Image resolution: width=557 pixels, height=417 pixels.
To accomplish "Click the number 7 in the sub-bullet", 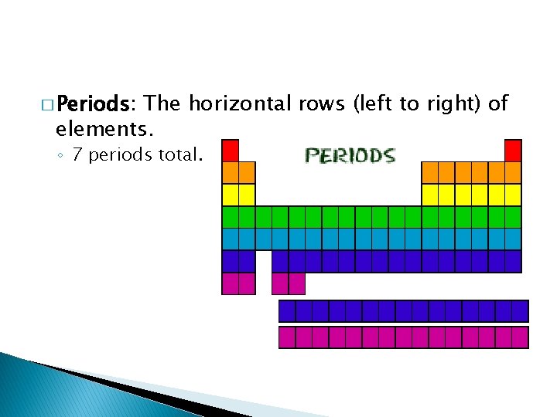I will coord(77,155).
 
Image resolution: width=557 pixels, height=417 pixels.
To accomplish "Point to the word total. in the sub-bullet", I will coord(180,155).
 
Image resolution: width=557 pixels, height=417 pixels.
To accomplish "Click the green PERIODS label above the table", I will coord(350,156).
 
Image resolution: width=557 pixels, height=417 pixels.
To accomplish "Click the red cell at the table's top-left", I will coord(231,150).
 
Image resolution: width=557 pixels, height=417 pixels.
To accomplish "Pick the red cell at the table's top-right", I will coord(513,150).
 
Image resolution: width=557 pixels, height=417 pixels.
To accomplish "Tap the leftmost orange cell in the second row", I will coord(231,172).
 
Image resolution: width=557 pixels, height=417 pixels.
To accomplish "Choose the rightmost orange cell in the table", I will coord(513,172).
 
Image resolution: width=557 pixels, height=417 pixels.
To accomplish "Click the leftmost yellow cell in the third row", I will coord(231,195).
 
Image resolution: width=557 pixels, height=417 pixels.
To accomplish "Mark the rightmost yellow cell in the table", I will coord(513,195).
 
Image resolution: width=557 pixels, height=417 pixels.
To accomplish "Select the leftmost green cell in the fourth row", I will coord(231,217).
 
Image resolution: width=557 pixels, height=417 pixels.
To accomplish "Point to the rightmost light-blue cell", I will coord(513,239).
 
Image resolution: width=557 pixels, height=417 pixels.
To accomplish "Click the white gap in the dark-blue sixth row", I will coord(263,261).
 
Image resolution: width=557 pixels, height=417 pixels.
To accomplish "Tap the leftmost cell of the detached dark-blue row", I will coord(287,311).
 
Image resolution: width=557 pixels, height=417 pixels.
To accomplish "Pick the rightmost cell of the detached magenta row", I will coord(519,337).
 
